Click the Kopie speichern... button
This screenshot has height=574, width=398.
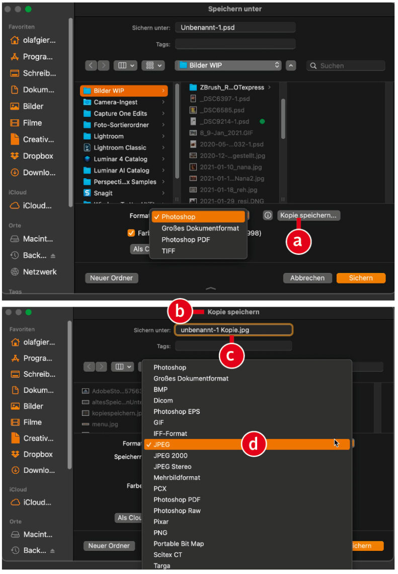308,216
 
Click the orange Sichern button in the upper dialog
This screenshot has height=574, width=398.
361,278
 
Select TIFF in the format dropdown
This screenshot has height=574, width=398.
168,251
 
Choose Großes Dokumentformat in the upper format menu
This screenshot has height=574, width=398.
200,228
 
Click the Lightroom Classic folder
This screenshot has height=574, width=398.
120,148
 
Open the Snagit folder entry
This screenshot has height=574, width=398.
103,193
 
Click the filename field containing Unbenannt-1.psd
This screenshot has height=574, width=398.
235,28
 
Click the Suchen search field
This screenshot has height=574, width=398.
346,65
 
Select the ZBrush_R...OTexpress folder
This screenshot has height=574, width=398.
231,87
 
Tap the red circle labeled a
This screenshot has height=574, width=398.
298,241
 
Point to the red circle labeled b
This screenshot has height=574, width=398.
180,312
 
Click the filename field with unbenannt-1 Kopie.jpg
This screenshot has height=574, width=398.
234,330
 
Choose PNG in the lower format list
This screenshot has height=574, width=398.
160,533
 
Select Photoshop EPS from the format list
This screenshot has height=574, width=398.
177,411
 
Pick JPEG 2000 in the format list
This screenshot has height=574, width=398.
171,455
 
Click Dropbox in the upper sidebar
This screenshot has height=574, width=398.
38,156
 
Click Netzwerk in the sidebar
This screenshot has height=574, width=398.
40,271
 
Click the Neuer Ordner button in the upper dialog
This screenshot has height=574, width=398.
112,278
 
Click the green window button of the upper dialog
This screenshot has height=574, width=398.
28,9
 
